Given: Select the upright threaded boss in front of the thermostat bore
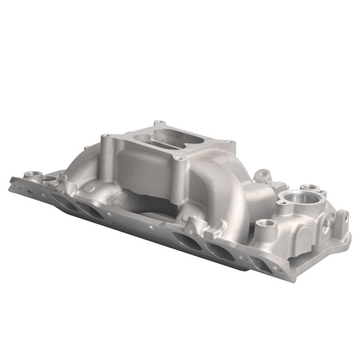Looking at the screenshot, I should [266, 226].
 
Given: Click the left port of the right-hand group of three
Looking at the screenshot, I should [187, 240].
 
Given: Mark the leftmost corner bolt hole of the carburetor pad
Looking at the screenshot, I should [106, 137].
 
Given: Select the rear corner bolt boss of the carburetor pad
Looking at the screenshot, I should [158, 123].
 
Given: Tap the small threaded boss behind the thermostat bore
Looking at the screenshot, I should [309, 187].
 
